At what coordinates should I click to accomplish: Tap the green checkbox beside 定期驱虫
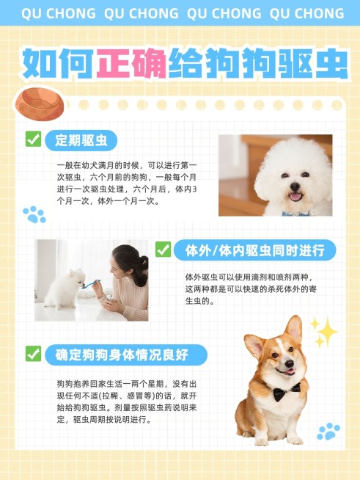(33, 139)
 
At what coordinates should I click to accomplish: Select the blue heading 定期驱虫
(81, 140)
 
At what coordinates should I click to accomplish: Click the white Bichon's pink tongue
(295, 196)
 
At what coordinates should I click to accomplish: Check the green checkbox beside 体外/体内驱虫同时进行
(163, 250)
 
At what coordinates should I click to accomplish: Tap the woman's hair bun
(142, 261)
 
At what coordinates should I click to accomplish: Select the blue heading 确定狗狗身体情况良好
(122, 354)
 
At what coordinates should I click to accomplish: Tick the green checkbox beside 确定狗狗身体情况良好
(33, 354)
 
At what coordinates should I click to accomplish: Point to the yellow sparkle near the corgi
(324, 331)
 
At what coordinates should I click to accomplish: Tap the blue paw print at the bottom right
(328, 431)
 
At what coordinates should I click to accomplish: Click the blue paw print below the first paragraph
(34, 214)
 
